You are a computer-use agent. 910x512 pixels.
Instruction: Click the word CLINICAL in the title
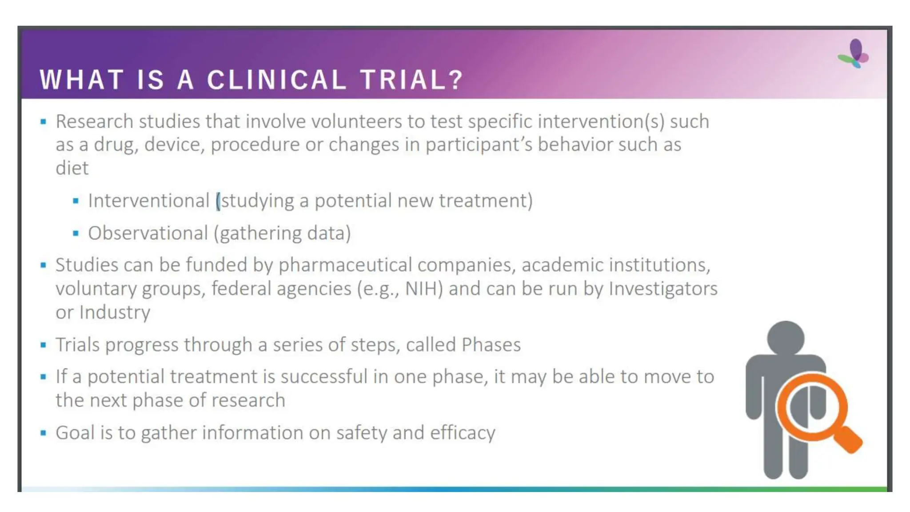(276, 80)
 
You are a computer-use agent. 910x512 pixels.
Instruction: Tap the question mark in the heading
(456, 80)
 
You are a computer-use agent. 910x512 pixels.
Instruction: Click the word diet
(72, 168)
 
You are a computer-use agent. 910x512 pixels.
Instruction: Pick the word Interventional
(148, 200)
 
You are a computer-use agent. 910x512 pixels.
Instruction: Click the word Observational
(148, 233)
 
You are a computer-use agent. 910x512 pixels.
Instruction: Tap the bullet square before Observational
(76, 233)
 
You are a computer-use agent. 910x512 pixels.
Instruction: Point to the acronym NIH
(424, 288)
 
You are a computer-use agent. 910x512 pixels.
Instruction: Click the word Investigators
(663, 288)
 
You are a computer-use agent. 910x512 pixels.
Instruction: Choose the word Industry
(115, 312)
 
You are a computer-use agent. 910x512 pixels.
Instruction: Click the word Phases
(491, 344)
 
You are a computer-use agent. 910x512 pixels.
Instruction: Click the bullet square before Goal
(43, 433)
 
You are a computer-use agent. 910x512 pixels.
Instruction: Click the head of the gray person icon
(786, 337)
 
